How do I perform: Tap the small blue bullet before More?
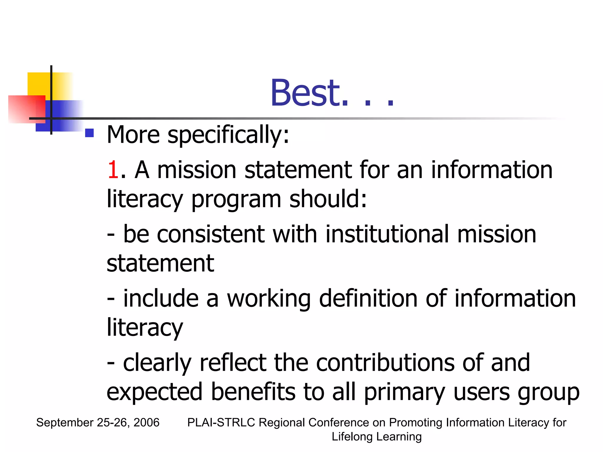click(89, 133)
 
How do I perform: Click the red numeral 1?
click(113, 170)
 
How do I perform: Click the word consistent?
click(211, 234)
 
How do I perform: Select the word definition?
click(368, 298)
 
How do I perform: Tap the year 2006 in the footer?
click(146, 423)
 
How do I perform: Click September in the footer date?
click(65, 423)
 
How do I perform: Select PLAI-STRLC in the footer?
click(221, 423)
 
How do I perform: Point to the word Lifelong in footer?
click(352, 437)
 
